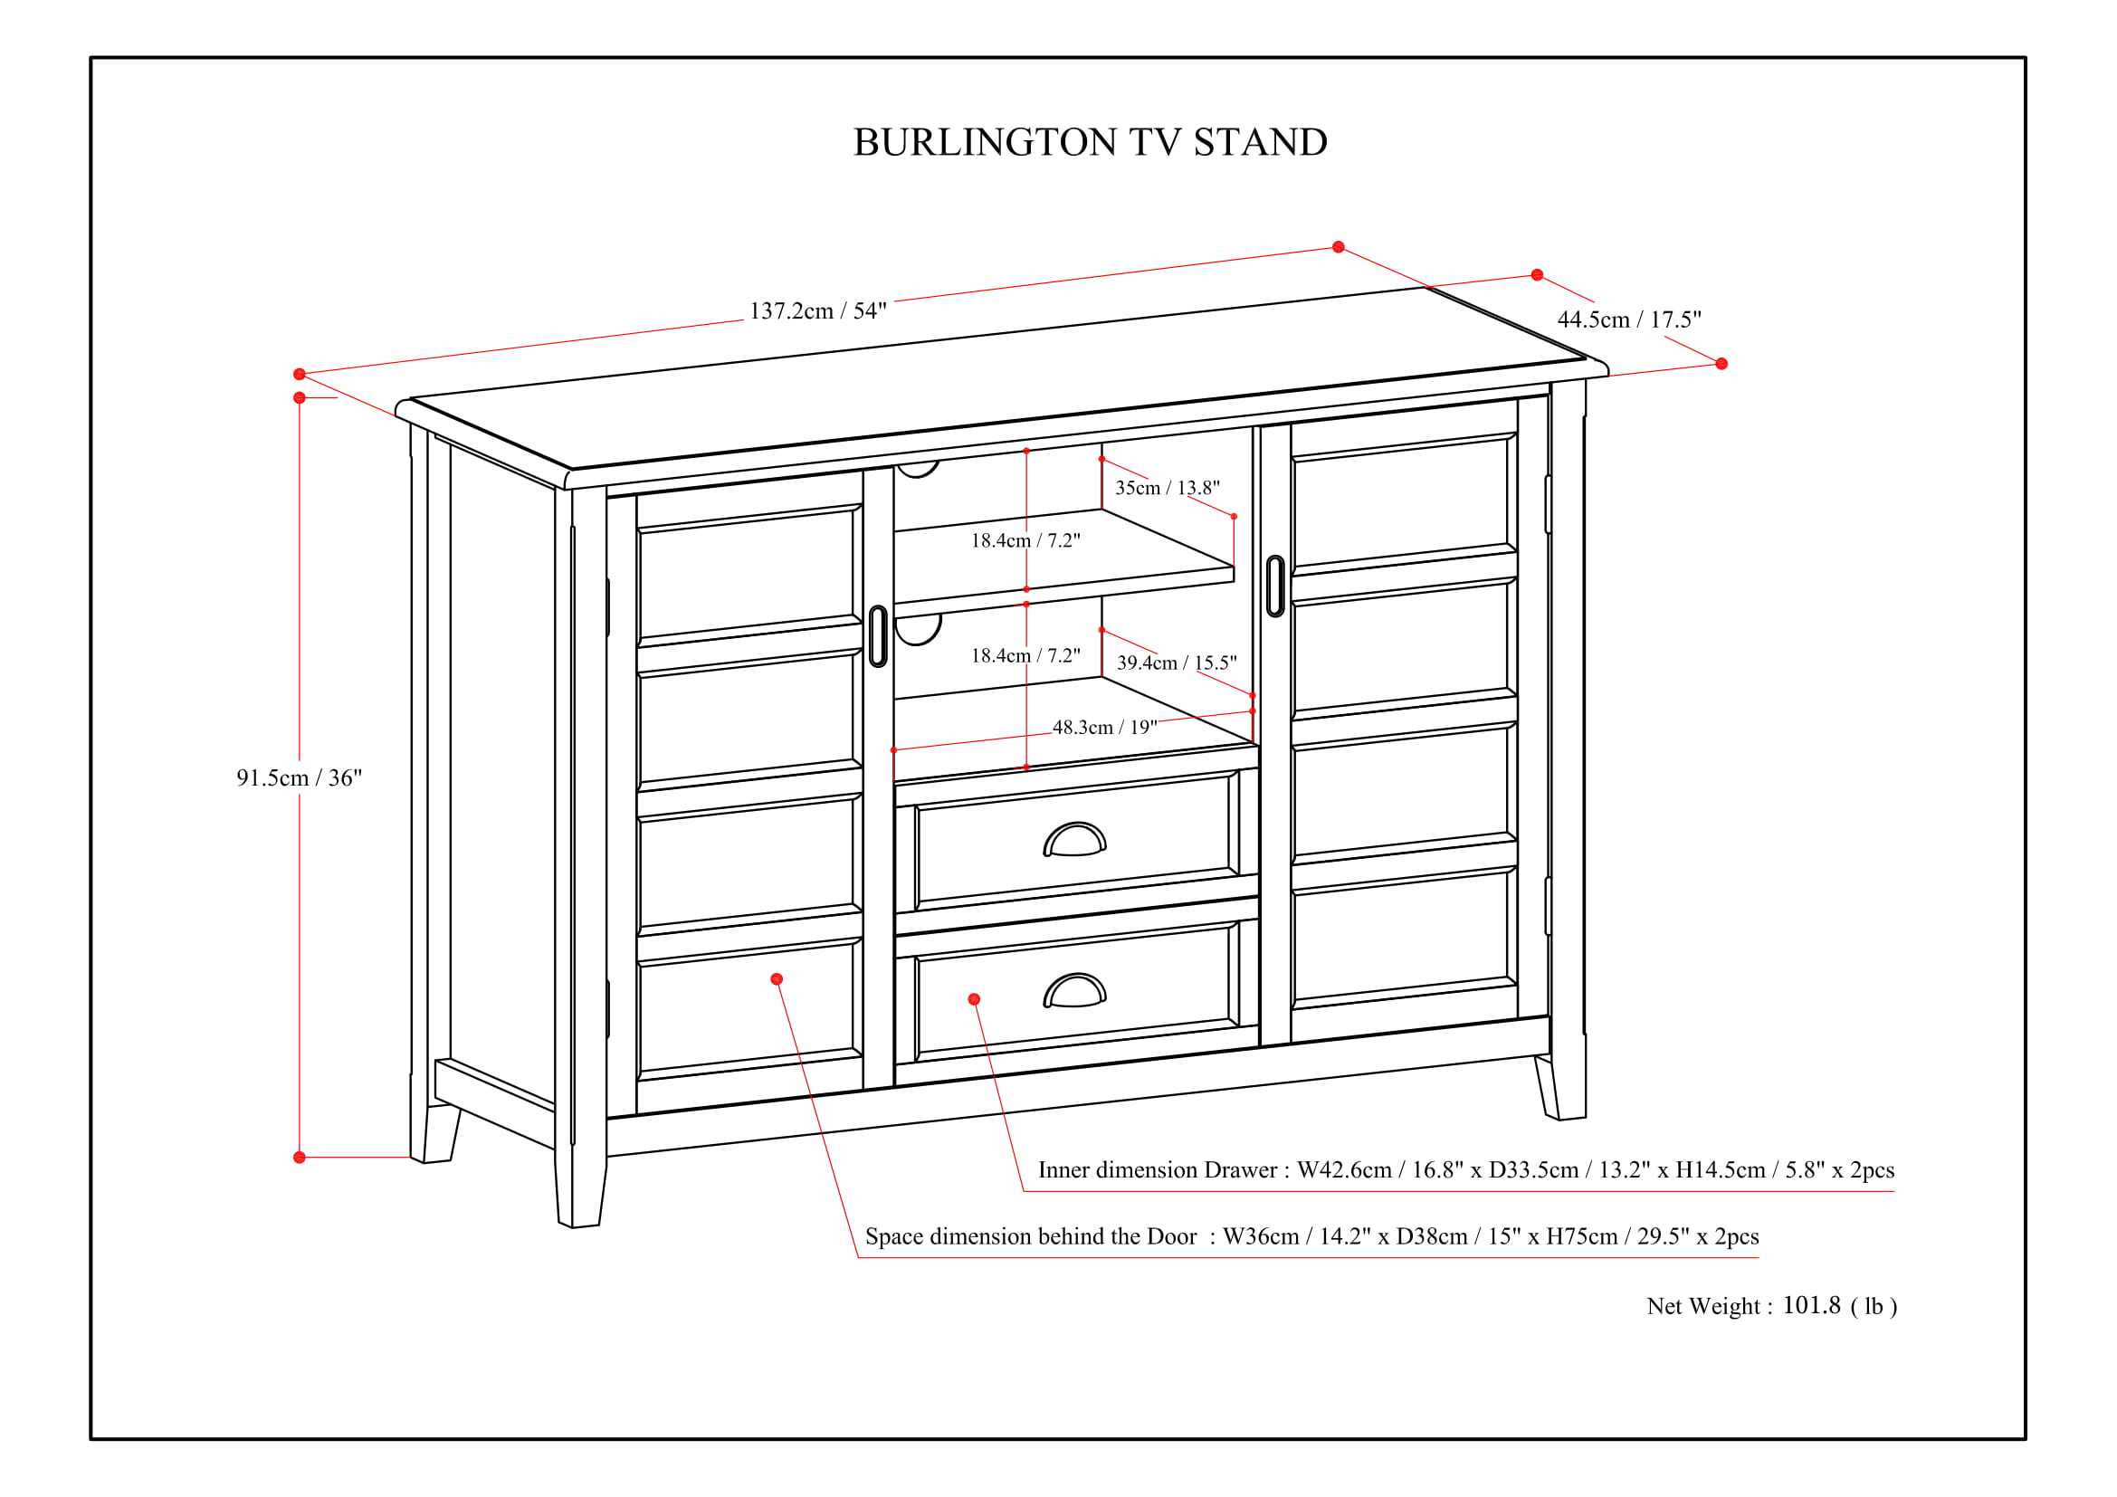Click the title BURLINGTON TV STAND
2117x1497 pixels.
(x=1090, y=143)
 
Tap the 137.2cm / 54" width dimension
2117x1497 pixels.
(x=817, y=310)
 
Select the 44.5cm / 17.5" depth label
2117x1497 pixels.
(x=1628, y=319)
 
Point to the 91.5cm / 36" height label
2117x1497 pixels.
(x=299, y=778)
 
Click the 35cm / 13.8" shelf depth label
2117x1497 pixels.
(x=1167, y=488)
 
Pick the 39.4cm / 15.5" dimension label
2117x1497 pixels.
(x=1177, y=663)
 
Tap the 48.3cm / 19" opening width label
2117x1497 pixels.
(x=1103, y=728)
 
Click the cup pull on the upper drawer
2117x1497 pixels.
(x=1074, y=841)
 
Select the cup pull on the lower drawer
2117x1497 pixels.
(x=1074, y=992)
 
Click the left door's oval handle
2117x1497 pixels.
(x=878, y=636)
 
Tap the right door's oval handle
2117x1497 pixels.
(x=1275, y=586)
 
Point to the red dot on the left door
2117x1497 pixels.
(x=777, y=979)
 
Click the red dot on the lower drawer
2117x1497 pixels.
(x=974, y=999)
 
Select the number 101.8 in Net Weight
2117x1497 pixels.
(x=1811, y=1305)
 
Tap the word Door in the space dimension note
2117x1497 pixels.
(x=1171, y=1236)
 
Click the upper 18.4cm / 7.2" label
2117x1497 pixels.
(x=1025, y=541)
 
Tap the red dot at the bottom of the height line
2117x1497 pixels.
(x=300, y=1157)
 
